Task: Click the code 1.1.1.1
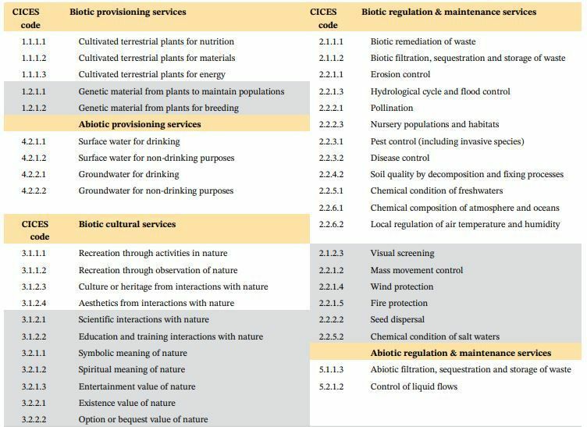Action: tap(34, 41)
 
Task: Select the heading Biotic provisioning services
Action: tap(128, 12)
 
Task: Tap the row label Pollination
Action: tap(392, 108)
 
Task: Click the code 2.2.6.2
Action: tap(331, 224)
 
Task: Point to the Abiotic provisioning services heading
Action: tap(140, 124)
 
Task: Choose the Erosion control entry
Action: tap(400, 74)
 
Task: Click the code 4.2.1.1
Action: tap(34, 141)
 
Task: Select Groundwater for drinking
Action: tap(129, 174)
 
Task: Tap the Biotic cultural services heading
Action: tap(127, 224)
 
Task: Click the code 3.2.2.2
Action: tap(34, 419)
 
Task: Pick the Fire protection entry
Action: tap(399, 303)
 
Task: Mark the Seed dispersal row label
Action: tap(397, 319)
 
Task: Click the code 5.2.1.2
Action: tap(331, 386)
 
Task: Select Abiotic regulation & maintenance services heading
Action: tap(461, 353)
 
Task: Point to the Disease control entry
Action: tap(400, 158)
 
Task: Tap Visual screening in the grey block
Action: tap(403, 254)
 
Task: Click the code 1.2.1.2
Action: tap(34, 108)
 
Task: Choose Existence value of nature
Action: tap(127, 403)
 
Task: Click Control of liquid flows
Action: tap(414, 386)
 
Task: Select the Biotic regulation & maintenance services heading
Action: tap(449, 12)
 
